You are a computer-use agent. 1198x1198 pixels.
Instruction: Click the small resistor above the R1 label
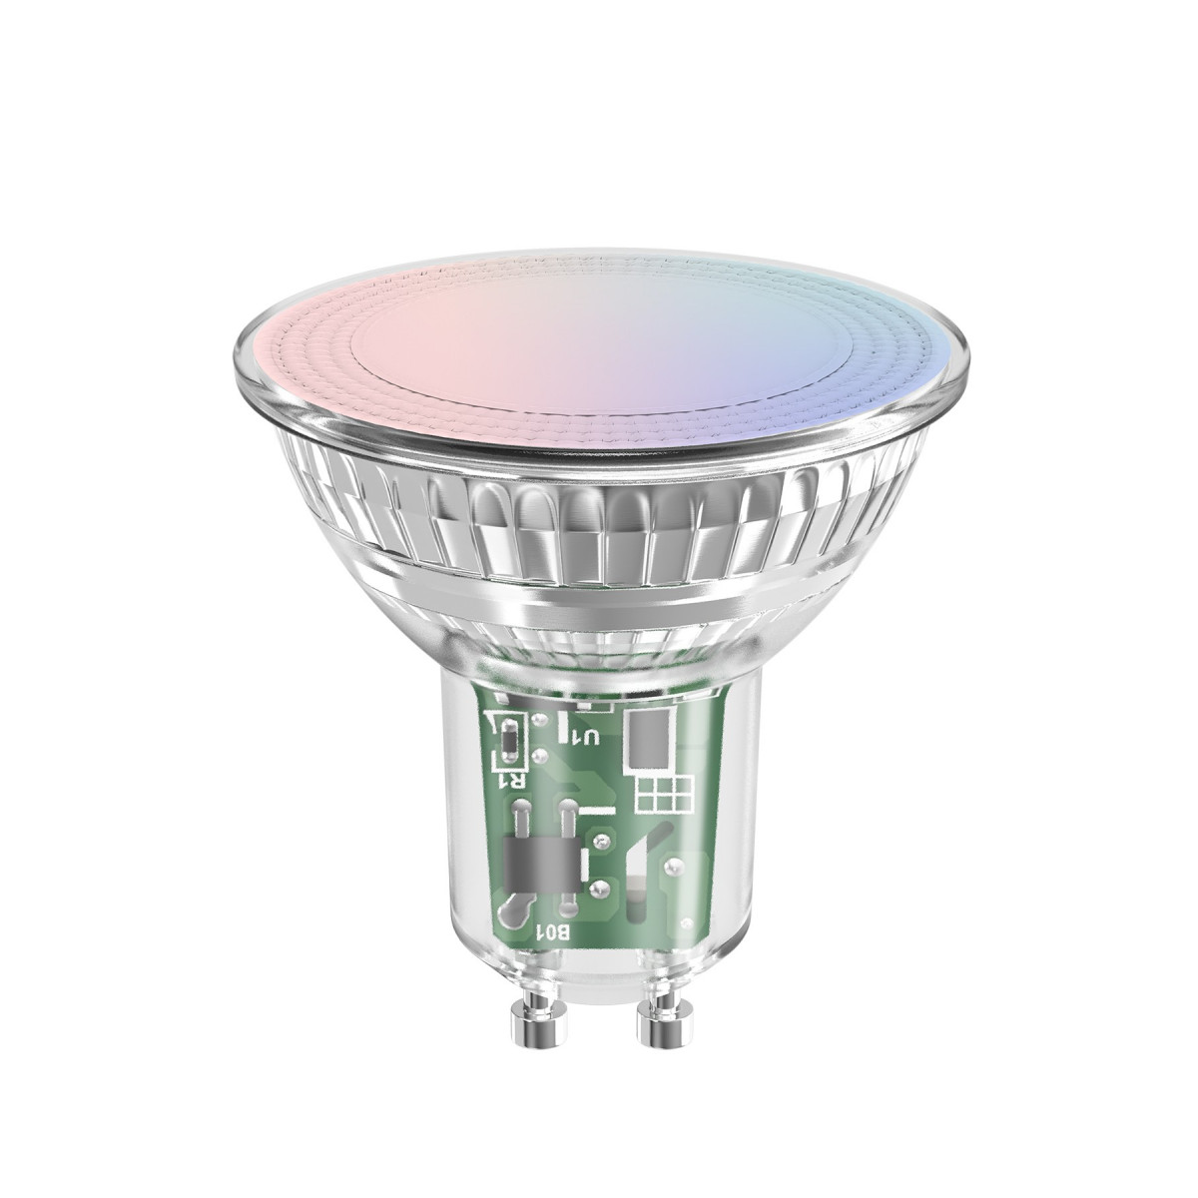click(x=507, y=739)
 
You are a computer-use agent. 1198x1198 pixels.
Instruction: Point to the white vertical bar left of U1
click(x=563, y=724)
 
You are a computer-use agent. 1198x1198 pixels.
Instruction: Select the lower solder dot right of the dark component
click(x=602, y=888)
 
